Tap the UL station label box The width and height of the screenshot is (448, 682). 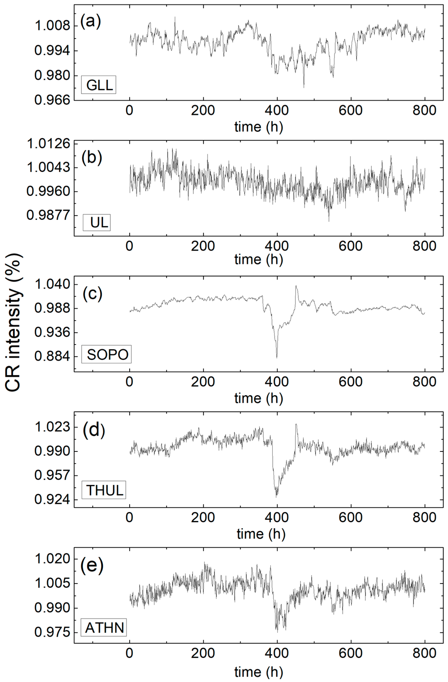pos(97,222)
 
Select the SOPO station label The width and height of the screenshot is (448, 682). pos(106,355)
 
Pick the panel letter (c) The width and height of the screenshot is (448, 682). pos(92,294)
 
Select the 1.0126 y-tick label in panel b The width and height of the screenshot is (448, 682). pos(48,143)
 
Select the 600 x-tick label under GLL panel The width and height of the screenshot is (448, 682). pos(351,110)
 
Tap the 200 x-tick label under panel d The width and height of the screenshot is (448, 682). pos(203,517)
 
